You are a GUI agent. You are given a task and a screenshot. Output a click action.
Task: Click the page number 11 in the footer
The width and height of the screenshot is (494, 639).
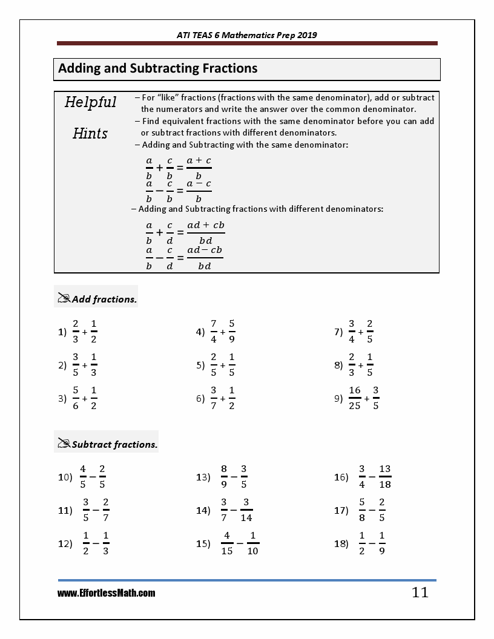420,592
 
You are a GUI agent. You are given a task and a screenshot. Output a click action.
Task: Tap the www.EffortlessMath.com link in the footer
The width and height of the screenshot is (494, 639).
107,594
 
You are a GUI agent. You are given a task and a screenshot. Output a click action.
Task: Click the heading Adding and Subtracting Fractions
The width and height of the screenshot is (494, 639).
158,68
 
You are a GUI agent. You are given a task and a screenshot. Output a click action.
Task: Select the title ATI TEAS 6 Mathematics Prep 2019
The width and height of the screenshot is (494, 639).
246,35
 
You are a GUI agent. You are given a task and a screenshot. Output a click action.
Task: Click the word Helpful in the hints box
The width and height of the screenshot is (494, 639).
91,102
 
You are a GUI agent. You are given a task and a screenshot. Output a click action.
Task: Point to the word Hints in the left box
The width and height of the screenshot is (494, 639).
90,133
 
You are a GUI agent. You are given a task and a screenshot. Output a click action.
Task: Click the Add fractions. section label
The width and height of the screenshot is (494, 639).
104,299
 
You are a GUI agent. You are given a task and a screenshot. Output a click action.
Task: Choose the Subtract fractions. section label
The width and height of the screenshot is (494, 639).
114,444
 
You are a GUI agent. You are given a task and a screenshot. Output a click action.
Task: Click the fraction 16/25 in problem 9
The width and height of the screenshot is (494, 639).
355,398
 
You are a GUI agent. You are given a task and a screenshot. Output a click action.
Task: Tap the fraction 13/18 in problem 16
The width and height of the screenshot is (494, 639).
385,476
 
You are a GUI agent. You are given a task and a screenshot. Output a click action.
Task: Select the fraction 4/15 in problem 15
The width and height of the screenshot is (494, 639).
227,543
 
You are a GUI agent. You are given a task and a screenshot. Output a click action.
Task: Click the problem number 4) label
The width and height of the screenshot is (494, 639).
200,332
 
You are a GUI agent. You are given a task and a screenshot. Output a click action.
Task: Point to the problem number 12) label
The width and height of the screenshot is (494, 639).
65,543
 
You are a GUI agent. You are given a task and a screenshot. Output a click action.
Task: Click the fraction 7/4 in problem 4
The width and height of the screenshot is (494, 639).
214,331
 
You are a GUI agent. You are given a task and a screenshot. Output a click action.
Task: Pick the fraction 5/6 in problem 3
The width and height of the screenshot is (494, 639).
76,398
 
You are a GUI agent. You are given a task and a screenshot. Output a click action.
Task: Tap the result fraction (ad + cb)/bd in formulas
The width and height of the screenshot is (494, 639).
206,232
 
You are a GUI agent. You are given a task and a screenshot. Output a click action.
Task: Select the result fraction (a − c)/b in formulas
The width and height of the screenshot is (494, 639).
199,191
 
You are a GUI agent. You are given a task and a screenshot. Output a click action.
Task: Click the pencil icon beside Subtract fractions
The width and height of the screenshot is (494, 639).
64,443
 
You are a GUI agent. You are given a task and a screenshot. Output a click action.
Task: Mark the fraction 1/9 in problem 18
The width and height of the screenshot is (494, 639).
382,543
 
